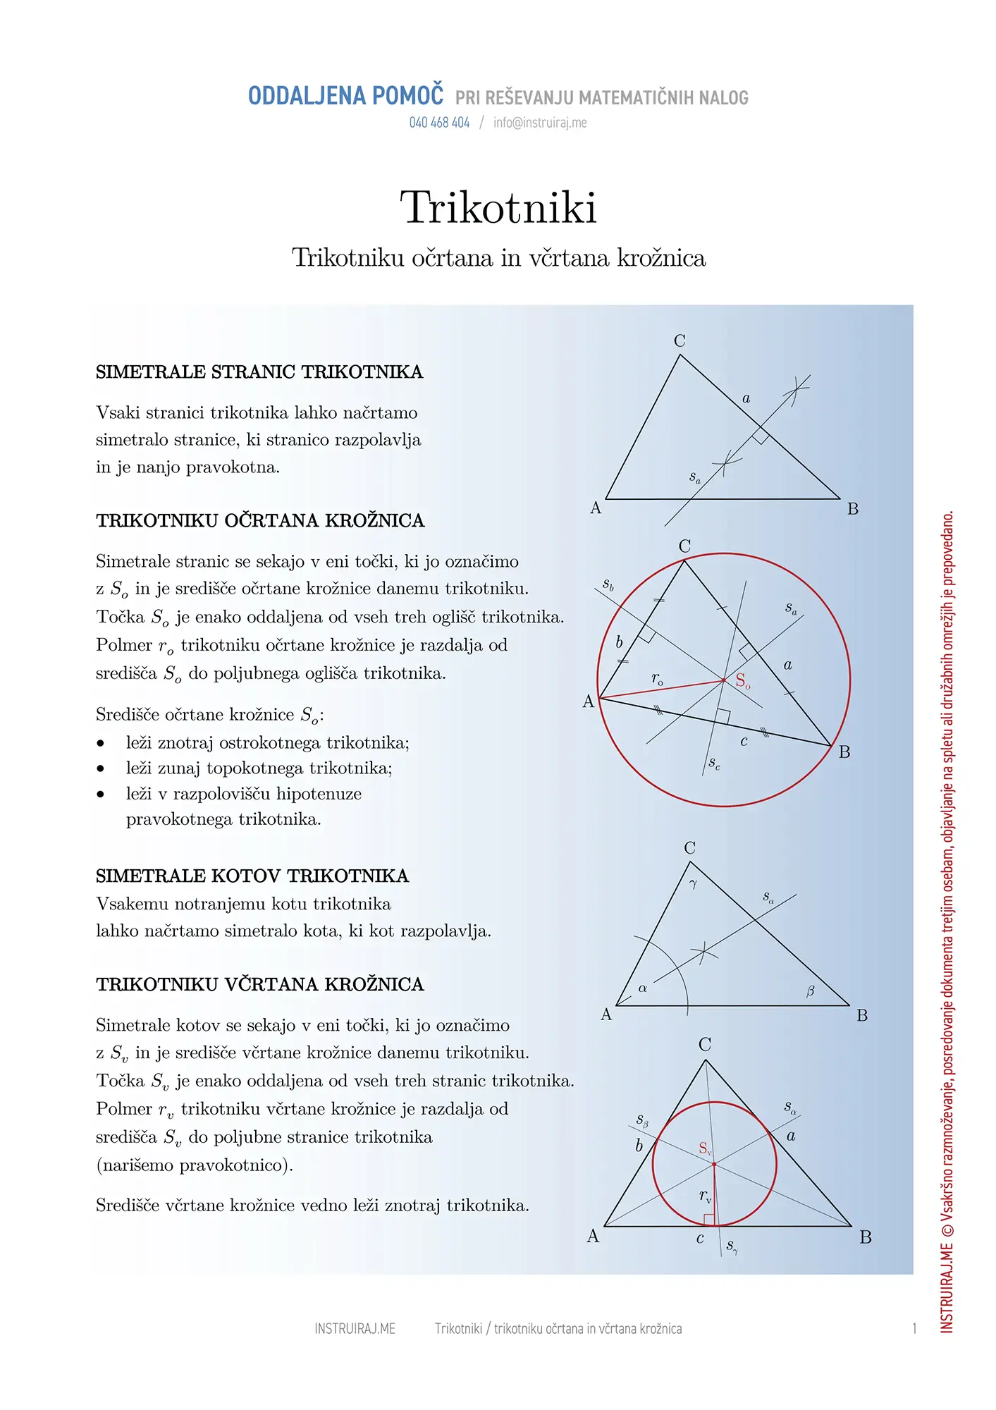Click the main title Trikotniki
498,208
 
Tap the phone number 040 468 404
439,123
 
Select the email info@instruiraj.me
540,123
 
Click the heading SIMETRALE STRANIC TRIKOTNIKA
259,372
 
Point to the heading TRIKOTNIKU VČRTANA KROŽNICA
260,985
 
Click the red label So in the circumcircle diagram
743,681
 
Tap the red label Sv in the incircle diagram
705,1148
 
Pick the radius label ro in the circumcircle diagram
657,679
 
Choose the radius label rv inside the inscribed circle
705,1196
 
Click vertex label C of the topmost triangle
680,341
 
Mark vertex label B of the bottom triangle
866,1238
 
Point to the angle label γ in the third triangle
693,884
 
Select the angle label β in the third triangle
811,991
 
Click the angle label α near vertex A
643,988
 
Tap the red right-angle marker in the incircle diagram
709,1220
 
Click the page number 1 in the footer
914,1329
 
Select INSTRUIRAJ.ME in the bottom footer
355,1329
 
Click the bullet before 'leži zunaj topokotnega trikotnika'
101,768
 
